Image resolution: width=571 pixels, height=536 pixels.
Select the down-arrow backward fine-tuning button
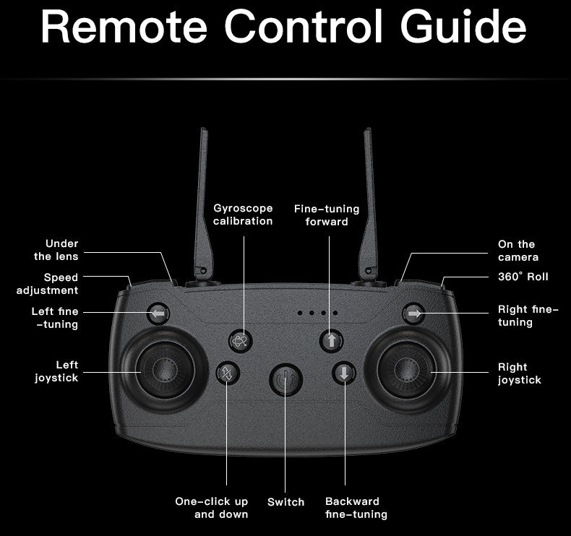pyautogui.click(x=344, y=373)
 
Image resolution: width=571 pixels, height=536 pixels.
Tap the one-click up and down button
pyautogui.click(x=228, y=373)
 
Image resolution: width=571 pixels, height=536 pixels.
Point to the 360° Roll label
pyautogui.click(x=523, y=277)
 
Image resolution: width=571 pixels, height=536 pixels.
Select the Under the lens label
pyautogui.click(x=56, y=250)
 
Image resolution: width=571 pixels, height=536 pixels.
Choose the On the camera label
pyautogui.click(x=518, y=251)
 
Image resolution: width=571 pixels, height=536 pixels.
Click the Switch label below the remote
pyautogui.click(x=285, y=501)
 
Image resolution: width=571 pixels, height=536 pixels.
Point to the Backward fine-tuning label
pyautogui.click(x=356, y=508)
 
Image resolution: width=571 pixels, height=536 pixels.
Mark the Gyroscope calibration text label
pyautogui.click(x=243, y=215)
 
